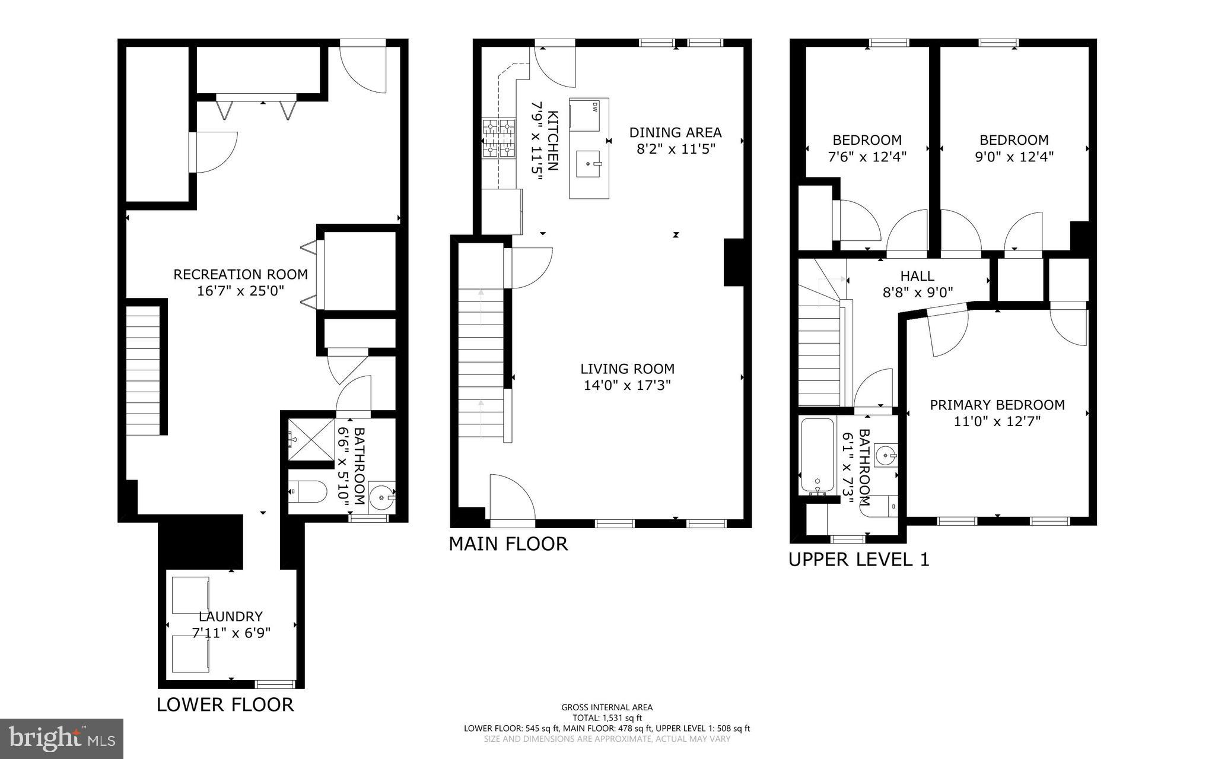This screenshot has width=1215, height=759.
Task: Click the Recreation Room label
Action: point(240,275)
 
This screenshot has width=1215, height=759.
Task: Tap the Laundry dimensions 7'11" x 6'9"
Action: point(231,633)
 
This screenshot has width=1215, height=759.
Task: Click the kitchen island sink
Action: point(589,163)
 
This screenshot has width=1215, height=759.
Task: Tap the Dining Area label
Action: point(675,132)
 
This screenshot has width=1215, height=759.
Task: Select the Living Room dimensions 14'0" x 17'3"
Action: point(627,386)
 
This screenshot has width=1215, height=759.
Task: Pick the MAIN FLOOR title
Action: point(508,544)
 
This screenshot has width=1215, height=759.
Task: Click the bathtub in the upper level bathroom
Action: point(817,456)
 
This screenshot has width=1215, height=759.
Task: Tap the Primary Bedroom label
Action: point(997,405)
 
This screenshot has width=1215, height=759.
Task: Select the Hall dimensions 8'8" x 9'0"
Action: point(917,293)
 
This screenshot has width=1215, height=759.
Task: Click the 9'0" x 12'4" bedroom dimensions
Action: point(1014,157)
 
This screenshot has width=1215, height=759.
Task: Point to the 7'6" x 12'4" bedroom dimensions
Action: point(867,157)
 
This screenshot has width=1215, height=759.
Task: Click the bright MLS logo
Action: point(62,738)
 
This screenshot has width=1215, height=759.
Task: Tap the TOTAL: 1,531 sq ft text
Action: point(607,717)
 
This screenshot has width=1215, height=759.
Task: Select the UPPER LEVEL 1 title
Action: point(858,560)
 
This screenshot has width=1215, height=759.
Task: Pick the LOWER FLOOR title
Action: point(225,705)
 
